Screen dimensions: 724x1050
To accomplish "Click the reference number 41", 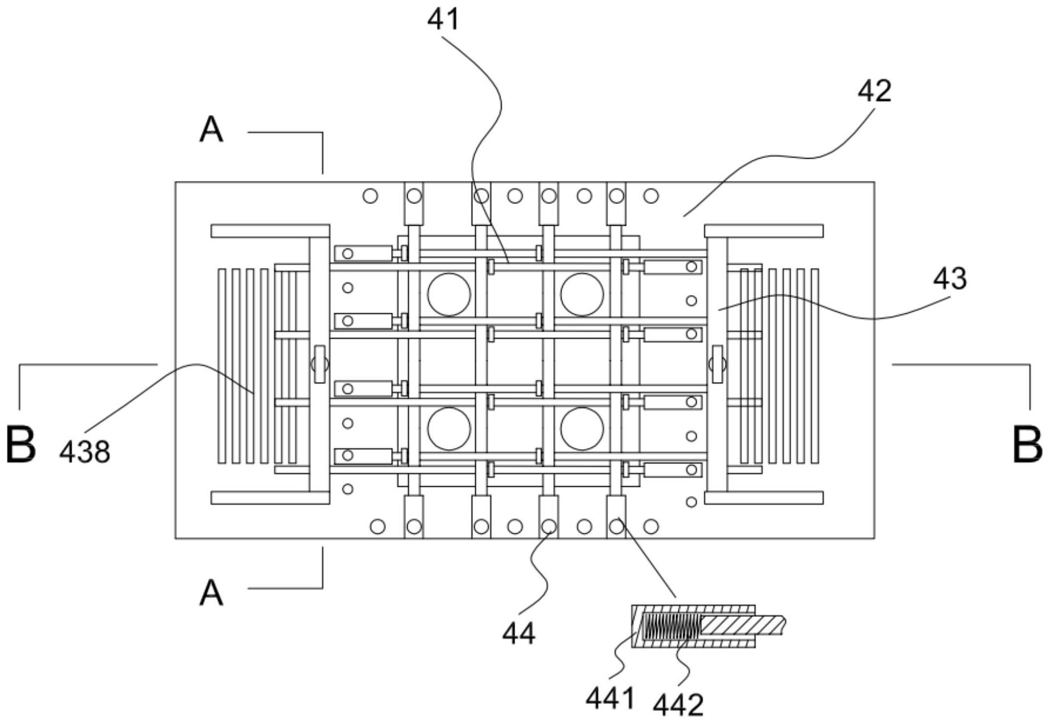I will [x=443, y=19].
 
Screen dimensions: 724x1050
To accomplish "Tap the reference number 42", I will [x=874, y=91].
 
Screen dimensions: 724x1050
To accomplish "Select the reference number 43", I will [x=950, y=278].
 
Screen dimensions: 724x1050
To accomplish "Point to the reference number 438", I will [x=85, y=452].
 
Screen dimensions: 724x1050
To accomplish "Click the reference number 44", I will [x=519, y=634].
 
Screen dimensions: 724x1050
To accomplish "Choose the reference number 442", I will [x=678, y=705].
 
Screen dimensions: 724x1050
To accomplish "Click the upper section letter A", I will [x=211, y=130].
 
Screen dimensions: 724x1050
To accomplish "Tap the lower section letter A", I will [x=211, y=593].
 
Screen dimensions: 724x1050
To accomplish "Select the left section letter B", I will [x=22, y=444].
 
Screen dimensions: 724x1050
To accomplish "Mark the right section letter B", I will [x=1027, y=444].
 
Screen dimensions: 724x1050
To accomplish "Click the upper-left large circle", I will [x=449, y=294].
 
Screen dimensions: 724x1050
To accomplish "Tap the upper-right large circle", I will [x=582, y=294].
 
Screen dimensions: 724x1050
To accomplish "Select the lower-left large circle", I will [x=449, y=428].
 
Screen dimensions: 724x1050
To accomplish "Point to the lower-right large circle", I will [x=582, y=428].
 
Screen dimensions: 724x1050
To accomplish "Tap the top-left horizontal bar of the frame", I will [x=270, y=231].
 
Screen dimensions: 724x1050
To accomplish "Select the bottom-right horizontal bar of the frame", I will [x=764, y=498].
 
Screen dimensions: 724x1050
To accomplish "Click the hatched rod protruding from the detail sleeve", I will [x=744, y=625].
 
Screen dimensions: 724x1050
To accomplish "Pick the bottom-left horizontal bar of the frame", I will [x=270, y=498].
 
